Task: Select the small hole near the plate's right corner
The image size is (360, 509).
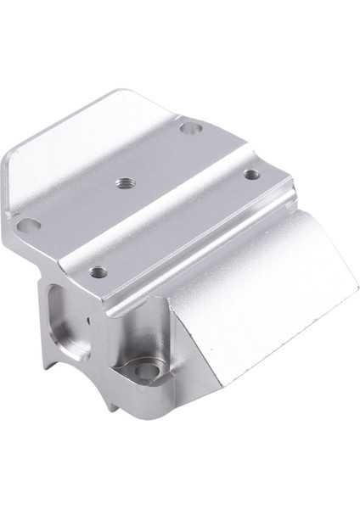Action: point(250,175)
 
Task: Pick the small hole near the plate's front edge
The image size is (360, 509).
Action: point(98,272)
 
